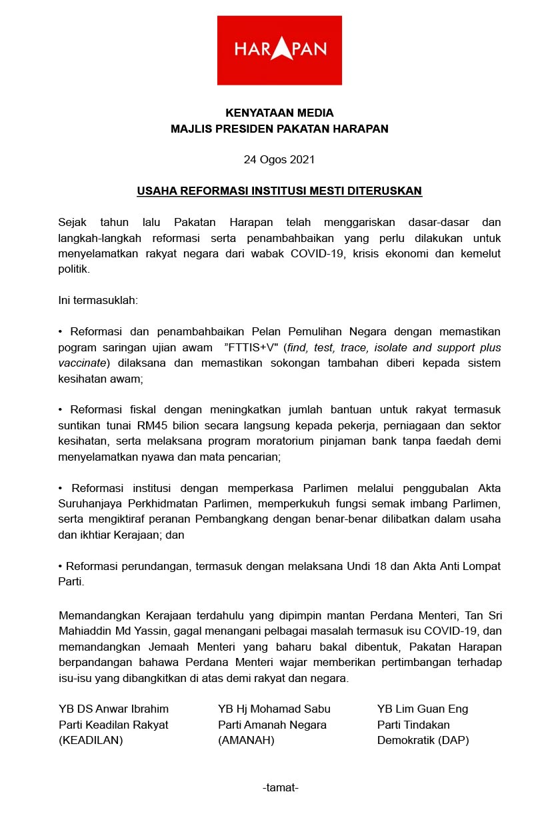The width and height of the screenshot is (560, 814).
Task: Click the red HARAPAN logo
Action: [x=279, y=50]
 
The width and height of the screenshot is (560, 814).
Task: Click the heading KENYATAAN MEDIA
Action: [x=279, y=113]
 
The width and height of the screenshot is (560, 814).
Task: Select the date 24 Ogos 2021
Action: [x=279, y=159]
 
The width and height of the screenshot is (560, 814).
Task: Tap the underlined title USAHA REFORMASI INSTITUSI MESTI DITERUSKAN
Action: [x=279, y=191]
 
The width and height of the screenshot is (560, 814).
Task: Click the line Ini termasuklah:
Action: [x=98, y=300]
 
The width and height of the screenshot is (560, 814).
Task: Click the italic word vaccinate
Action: [x=82, y=363]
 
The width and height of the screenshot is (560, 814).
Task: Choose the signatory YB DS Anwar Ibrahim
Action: [x=114, y=709]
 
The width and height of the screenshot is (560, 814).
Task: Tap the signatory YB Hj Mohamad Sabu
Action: [x=274, y=709]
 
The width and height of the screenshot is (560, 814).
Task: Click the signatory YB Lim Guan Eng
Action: [x=423, y=709]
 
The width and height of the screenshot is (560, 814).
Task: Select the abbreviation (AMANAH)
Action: [x=247, y=740]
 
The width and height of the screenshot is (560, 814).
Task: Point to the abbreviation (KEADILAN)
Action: [x=91, y=740]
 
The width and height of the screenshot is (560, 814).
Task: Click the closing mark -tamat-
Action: [x=280, y=787]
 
